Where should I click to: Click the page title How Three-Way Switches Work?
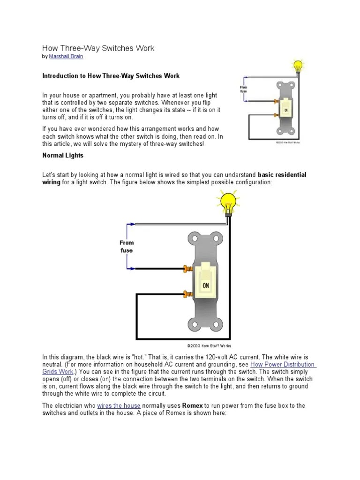98,48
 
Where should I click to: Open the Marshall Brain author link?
67,57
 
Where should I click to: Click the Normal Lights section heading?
63,155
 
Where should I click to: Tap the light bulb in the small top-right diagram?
297,67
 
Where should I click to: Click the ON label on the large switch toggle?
206,285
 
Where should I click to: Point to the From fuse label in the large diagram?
127,247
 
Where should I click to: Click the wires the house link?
119,405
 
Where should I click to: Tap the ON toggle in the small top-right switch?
285,110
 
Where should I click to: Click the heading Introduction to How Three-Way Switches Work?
111,76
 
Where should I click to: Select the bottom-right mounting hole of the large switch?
218,323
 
